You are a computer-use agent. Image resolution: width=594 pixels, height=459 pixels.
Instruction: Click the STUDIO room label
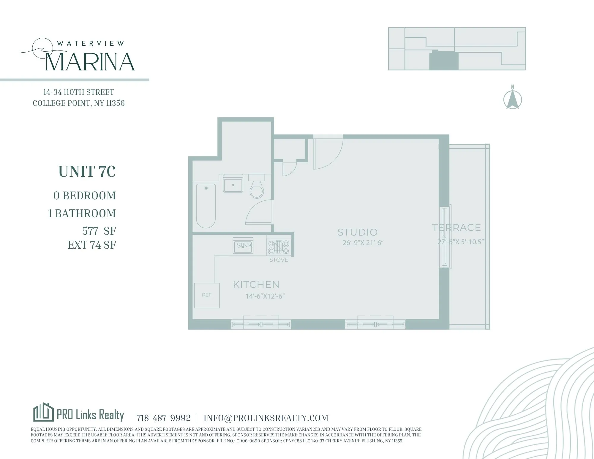(357, 232)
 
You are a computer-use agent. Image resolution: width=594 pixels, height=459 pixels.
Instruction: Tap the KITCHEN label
(256, 285)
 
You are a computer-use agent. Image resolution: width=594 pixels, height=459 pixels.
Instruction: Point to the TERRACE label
(456, 228)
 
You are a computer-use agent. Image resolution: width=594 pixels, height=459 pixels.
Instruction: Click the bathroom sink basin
(233, 185)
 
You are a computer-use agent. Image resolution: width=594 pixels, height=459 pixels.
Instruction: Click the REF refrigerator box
(207, 295)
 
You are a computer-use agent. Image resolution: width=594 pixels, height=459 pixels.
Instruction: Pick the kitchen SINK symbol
(243, 246)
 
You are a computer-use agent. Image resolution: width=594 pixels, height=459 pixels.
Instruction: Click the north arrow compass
(513, 100)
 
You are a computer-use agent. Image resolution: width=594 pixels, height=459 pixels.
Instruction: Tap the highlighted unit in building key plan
(443, 61)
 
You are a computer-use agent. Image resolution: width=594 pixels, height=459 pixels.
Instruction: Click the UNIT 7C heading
(87, 171)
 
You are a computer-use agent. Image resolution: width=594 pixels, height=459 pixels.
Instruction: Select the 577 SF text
(99, 231)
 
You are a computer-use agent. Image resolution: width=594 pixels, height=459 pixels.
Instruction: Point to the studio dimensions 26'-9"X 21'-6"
(363, 243)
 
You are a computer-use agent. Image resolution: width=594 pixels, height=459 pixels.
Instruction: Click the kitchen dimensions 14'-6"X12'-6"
(265, 296)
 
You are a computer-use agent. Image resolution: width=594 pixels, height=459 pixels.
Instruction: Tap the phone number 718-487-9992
(163, 418)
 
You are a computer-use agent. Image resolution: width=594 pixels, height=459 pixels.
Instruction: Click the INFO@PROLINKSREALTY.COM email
(266, 418)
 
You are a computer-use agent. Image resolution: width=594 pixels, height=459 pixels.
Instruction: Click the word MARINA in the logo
(90, 62)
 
